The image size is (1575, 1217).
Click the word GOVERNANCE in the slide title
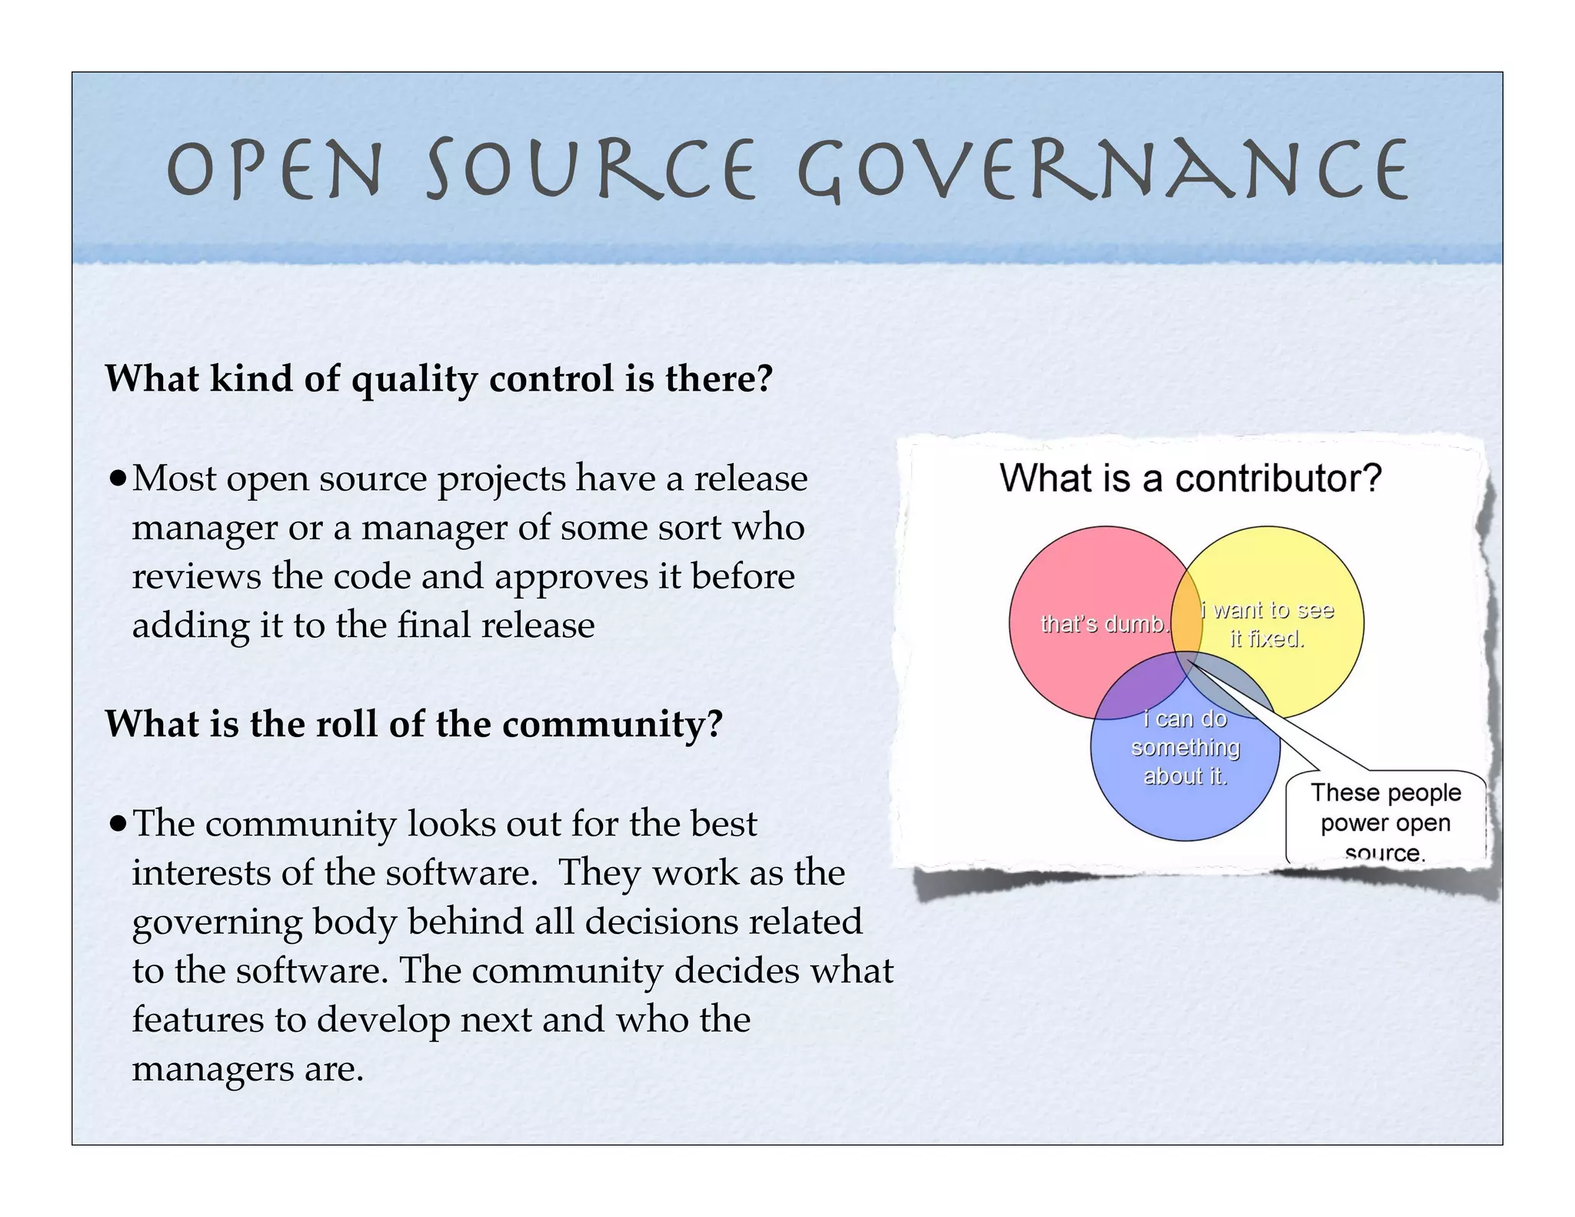[1104, 170]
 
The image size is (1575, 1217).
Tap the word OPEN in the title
[274, 170]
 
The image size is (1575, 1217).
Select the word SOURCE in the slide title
[591, 170]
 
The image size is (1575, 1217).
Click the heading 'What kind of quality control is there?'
[438, 378]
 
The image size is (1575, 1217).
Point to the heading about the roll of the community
[414, 724]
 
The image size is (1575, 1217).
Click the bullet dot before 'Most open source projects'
[117, 480]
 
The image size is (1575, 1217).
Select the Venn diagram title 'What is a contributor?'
[1190, 478]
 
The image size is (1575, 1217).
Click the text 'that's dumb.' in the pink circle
[1103, 624]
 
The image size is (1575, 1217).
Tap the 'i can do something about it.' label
[1185, 748]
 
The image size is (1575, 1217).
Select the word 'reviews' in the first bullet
[196, 576]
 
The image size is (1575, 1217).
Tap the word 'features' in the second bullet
[198, 1020]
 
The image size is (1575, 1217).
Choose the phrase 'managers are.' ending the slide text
[248, 1069]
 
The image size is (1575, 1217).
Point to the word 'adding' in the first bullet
[191, 625]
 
